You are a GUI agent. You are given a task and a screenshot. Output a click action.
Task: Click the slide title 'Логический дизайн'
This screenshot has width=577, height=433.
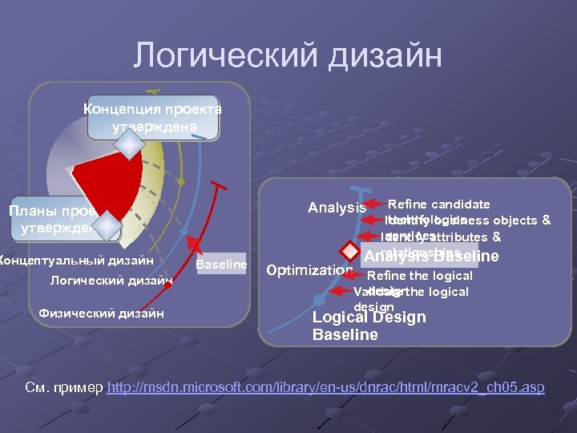click(288, 56)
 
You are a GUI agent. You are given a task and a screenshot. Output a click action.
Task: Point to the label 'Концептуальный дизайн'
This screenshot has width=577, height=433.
click(77, 260)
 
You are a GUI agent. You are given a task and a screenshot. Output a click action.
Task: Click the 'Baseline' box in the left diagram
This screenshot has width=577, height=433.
click(221, 264)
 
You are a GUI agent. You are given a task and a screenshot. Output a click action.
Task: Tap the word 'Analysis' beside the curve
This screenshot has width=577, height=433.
click(337, 208)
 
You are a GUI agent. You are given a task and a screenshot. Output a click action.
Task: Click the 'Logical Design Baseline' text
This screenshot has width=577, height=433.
click(369, 326)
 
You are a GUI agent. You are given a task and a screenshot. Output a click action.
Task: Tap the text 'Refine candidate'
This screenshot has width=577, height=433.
click(438, 204)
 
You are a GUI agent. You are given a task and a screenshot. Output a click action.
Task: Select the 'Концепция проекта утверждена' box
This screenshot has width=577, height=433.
click(153, 118)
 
